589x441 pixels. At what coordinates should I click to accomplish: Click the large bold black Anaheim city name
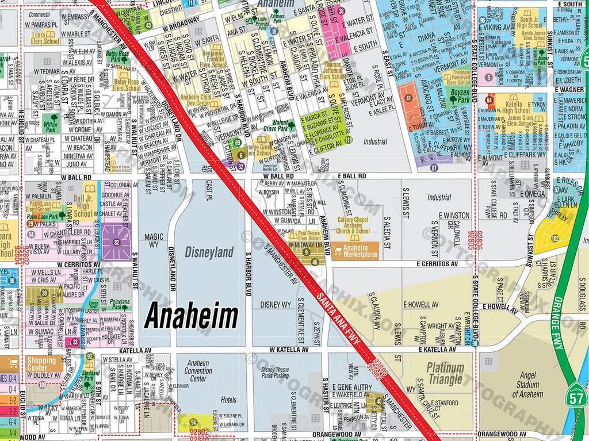point(191,316)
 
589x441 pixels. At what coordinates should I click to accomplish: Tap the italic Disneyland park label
point(209,252)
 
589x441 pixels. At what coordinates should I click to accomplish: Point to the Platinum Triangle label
point(445,373)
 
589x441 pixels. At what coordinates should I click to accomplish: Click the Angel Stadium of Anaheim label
point(527,385)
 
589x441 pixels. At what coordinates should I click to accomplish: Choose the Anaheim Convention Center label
point(198,371)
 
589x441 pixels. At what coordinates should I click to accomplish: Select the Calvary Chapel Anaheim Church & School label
point(353,225)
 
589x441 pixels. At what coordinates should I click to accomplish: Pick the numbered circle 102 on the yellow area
point(554,238)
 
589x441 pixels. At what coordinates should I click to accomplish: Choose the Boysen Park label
point(460,95)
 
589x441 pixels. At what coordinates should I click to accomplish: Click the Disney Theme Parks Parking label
point(274,373)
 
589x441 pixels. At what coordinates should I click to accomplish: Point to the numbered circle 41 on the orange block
point(408,98)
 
